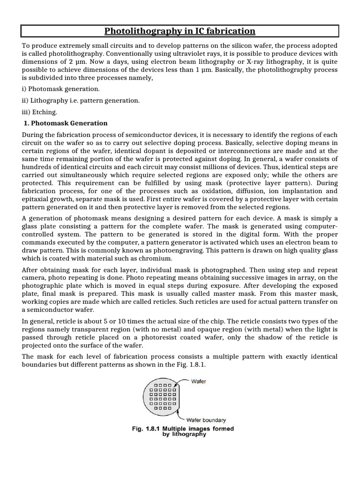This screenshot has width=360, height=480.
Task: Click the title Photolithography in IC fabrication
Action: tap(180, 31)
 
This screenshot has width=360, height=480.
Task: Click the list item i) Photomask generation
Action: tap(60, 89)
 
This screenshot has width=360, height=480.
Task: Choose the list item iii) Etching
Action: tap(39, 112)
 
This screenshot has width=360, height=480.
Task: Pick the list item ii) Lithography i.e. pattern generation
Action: tap(81, 100)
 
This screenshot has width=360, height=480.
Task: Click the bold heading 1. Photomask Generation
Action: tap(66, 123)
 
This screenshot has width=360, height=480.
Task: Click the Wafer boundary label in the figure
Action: tap(208, 420)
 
